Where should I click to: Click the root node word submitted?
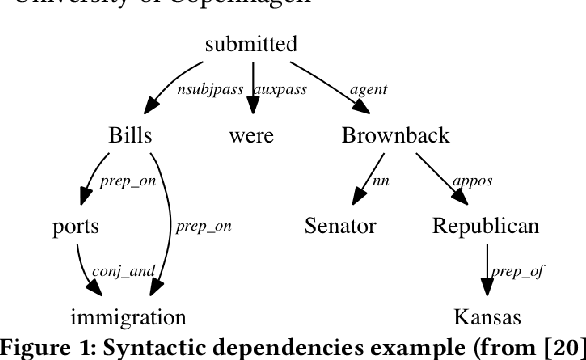(251, 44)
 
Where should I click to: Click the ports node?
(75, 227)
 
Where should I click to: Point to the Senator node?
(341, 226)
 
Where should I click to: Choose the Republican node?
(485, 226)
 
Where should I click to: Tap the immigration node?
(128, 319)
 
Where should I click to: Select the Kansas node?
(488, 319)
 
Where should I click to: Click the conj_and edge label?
(118, 271)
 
